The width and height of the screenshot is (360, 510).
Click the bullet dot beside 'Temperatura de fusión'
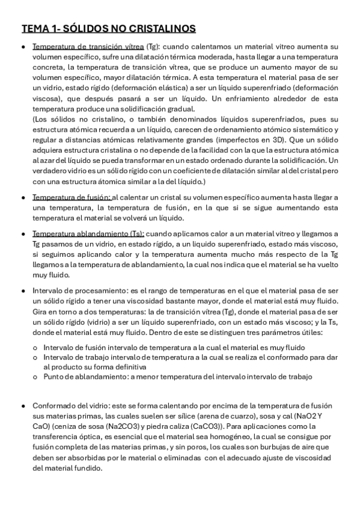coord(23,198)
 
